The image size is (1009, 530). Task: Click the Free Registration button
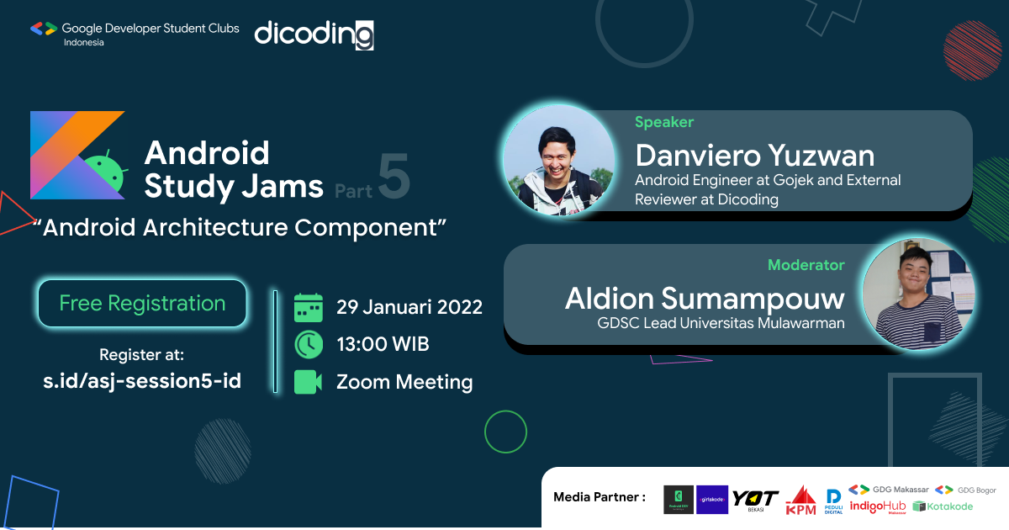click(142, 304)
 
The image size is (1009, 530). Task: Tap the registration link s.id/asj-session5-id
click(142, 381)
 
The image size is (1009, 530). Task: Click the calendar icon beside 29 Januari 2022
click(309, 307)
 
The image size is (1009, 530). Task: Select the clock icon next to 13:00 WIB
click(309, 345)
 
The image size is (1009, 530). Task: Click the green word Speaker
click(664, 123)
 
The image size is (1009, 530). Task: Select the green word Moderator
click(806, 265)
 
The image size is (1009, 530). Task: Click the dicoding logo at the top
click(314, 34)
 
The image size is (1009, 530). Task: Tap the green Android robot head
click(106, 168)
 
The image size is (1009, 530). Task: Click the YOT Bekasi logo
click(754, 500)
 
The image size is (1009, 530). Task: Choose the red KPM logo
click(800, 500)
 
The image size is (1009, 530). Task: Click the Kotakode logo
click(943, 506)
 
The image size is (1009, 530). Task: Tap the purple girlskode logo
click(712, 499)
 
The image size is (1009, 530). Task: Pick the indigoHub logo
click(877, 506)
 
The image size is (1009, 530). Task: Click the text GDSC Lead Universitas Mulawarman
click(721, 323)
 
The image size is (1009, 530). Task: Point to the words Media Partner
click(599, 497)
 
